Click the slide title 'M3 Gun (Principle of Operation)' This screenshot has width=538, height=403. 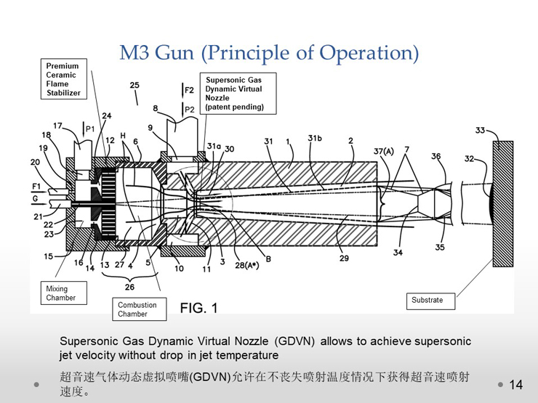tap(269, 53)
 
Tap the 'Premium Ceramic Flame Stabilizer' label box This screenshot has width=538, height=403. tap(64, 79)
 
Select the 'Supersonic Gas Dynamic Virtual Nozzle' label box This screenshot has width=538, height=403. tap(238, 93)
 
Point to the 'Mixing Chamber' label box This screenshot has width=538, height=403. tap(64, 293)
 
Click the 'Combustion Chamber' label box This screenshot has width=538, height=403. tap(140, 309)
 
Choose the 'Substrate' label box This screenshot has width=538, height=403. tap(430, 301)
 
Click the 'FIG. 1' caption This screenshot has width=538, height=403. tap(198, 308)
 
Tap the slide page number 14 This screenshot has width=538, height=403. tap(515, 385)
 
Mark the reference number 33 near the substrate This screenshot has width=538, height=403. tap(480, 130)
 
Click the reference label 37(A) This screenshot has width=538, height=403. tap(384, 151)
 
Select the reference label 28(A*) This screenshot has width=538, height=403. tap(246, 265)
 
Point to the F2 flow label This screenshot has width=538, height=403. tap(189, 90)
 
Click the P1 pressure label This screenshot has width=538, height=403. tap(89, 129)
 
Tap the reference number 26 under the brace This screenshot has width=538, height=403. tap(129, 287)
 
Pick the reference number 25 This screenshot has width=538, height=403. tap(134, 85)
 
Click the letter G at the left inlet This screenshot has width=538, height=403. tap(36, 199)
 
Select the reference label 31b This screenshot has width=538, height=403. tap(315, 138)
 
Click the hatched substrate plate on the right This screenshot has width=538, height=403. tap(503, 204)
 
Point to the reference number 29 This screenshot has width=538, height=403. tap(344, 258)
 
